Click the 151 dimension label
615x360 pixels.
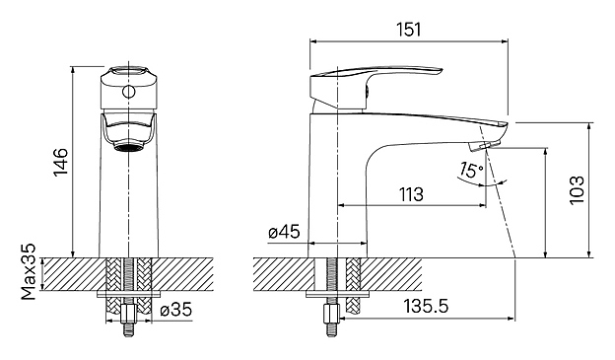[408, 30]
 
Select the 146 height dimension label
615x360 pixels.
[61, 162]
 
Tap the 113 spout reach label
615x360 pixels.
[411, 194]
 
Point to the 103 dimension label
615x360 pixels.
[577, 190]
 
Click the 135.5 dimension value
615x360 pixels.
[427, 306]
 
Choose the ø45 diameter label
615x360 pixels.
[284, 232]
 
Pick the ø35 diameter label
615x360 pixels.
[176, 310]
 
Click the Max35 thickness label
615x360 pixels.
[29, 271]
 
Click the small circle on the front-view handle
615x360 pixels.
[128, 92]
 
